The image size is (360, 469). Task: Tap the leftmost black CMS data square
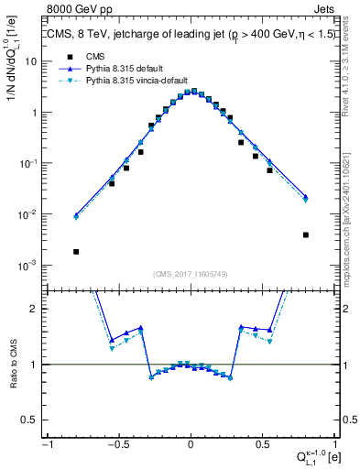tap(76, 252)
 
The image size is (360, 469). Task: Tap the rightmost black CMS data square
tap(305, 234)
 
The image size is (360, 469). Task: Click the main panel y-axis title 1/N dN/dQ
tap(12, 78)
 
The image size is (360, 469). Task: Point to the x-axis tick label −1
tap(47, 444)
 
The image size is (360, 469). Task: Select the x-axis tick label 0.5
tap(262, 444)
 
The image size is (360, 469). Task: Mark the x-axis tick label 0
tap(191, 444)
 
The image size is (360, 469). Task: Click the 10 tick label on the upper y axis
tap(31, 61)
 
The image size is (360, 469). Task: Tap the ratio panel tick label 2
tap(36, 309)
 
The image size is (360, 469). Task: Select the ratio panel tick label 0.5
tap(32, 419)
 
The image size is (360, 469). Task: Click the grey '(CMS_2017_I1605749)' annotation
tap(191, 275)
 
